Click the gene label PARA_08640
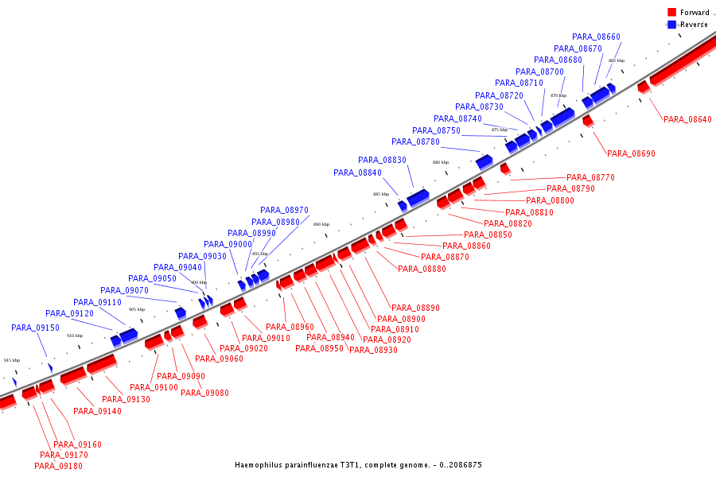tap(687, 119)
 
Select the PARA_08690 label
tap(631, 153)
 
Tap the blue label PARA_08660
tap(596, 37)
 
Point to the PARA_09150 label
tap(35, 328)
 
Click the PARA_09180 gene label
tap(58, 466)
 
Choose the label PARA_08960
tap(290, 327)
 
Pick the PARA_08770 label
tap(590, 177)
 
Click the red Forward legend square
tap(672, 13)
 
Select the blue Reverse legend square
tap(672, 25)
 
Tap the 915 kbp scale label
tap(12, 360)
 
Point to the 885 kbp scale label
tap(381, 194)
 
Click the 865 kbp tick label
tap(617, 60)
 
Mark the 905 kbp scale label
tap(137, 309)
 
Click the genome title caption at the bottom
tap(358, 465)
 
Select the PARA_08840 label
tap(357, 173)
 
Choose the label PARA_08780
tap(415, 142)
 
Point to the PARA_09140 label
tap(97, 411)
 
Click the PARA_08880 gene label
tap(422, 269)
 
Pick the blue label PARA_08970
tap(284, 210)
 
